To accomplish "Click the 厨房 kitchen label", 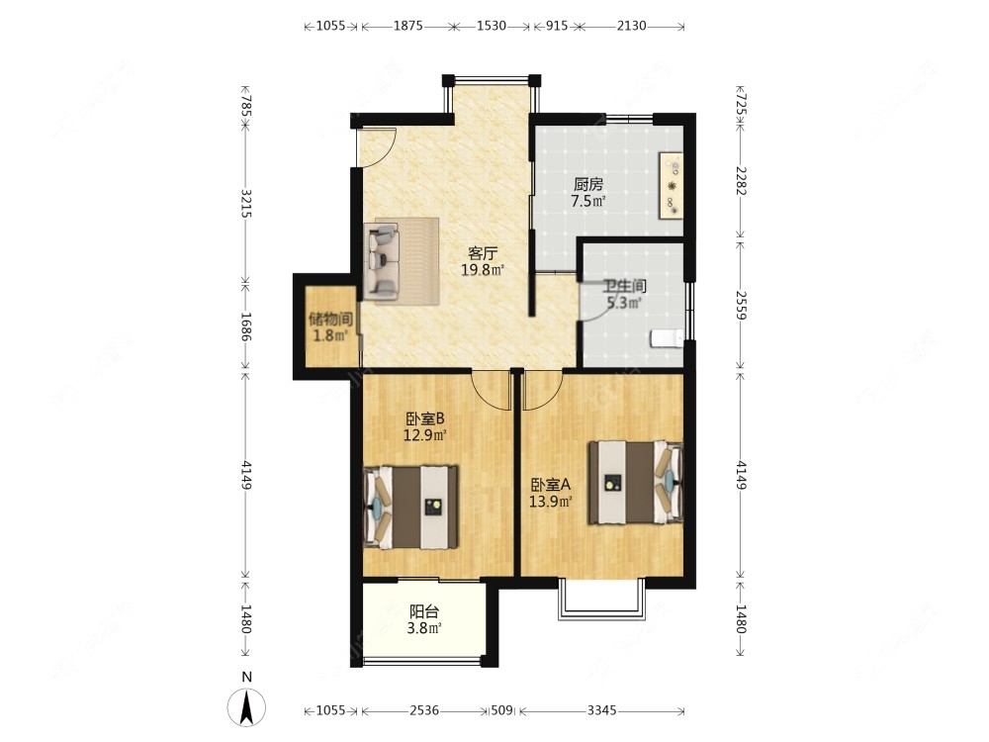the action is (587, 184).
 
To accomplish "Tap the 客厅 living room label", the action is (483, 253).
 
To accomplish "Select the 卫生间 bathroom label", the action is (624, 287).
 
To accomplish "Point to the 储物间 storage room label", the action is (330, 320).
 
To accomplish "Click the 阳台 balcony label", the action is (424, 611).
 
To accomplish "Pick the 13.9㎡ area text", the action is (551, 502).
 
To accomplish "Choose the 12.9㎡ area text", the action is (425, 434).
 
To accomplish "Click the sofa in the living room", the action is (382, 263).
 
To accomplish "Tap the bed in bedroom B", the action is (410, 508).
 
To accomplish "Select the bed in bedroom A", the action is (636, 482).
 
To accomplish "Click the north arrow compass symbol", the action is (246, 706).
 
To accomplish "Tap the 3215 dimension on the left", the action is (246, 203).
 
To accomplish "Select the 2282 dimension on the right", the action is (741, 181).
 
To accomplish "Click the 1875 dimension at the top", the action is (408, 26).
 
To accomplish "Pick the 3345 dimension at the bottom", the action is (601, 710).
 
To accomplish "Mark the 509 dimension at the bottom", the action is (501, 710).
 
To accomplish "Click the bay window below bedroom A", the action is (602, 599).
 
